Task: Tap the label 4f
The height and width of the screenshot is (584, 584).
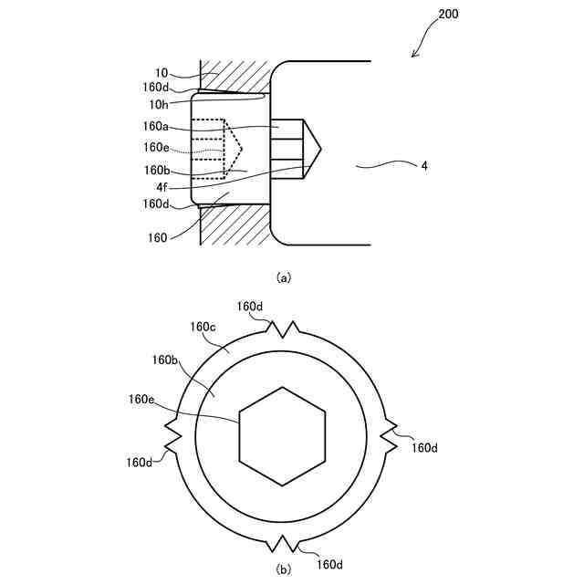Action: [161, 187]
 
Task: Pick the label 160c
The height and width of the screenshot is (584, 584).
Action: [202, 326]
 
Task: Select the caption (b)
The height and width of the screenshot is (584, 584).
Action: [283, 570]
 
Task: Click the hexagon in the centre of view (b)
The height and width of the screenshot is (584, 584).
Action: [283, 436]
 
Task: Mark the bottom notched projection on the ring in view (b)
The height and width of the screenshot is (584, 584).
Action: [283, 544]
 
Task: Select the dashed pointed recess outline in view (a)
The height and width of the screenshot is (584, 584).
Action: [234, 147]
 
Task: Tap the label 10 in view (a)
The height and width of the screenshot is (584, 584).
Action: [160, 72]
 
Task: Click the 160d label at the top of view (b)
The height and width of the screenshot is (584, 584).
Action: [249, 307]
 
